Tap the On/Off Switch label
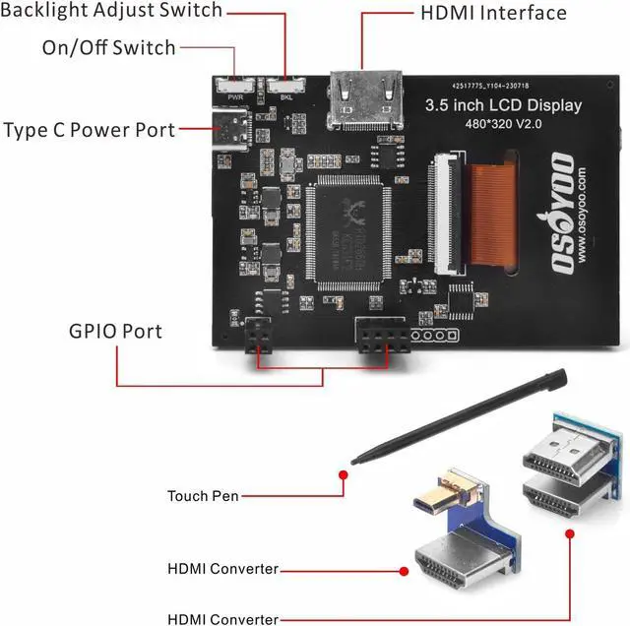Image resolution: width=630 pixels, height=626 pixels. (x=108, y=47)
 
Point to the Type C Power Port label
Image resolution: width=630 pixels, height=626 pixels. (x=89, y=130)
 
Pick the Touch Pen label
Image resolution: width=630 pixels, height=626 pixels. (x=203, y=497)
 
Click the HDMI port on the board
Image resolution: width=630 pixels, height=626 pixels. (x=370, y=99)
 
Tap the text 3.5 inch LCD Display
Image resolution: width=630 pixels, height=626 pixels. (x=502, y=105)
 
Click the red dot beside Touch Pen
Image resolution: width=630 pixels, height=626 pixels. (x=344, y=474)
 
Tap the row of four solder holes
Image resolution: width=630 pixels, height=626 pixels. (x=434, y=336)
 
